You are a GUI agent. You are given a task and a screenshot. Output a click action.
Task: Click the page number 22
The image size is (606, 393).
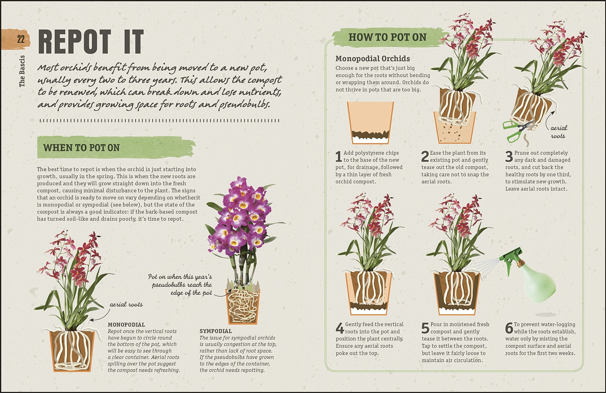coord(21,39)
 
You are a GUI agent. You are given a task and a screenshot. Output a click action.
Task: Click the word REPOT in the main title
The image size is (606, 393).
coord(75,42)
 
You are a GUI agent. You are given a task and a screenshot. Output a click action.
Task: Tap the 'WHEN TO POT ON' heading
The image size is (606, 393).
coord(82,147)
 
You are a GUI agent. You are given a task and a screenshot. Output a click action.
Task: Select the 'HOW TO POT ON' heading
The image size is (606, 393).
coord(387,37)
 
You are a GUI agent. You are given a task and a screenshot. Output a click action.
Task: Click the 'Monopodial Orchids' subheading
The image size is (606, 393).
coord(373,58)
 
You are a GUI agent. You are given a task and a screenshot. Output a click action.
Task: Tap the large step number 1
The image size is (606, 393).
coord(339,157)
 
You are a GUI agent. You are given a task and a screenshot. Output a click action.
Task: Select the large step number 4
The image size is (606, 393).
coord(340,328)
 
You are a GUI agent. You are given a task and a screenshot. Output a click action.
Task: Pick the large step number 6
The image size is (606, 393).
coord(509,328)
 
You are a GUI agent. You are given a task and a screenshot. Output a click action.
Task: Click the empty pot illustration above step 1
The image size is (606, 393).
coord(370,123)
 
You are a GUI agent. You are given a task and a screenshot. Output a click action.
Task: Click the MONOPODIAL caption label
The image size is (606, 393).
coord(126,325)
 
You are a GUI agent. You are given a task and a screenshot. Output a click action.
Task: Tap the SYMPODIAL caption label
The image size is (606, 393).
coord(216,331)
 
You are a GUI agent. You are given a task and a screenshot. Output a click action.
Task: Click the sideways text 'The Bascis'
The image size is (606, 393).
coord(22,71)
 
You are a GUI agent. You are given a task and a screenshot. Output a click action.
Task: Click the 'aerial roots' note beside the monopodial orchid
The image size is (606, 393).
coord(126,304)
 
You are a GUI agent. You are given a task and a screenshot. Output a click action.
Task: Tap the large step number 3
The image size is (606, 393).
coord(509,157)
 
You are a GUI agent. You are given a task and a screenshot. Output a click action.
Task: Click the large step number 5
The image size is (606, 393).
coord(425,328)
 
